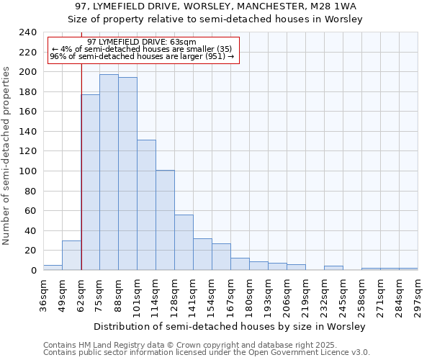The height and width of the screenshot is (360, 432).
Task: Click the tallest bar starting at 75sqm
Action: tap(109, 172)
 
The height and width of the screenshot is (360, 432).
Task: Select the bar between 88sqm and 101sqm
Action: tap(127, 174)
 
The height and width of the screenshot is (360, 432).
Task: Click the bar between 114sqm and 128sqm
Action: tap(165, 220)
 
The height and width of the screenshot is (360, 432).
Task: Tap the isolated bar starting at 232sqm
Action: tap(333, 268)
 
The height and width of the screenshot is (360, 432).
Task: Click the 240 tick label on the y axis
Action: tap(27, 32)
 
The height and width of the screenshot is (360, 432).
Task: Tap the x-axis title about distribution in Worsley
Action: tap(229, 326)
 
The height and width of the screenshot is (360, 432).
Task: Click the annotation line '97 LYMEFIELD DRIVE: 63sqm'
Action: tap(141, 42)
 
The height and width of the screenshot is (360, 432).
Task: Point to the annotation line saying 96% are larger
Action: tap(142, 55)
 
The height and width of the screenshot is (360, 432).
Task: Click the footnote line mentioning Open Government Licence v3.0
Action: tap(206, 353)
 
